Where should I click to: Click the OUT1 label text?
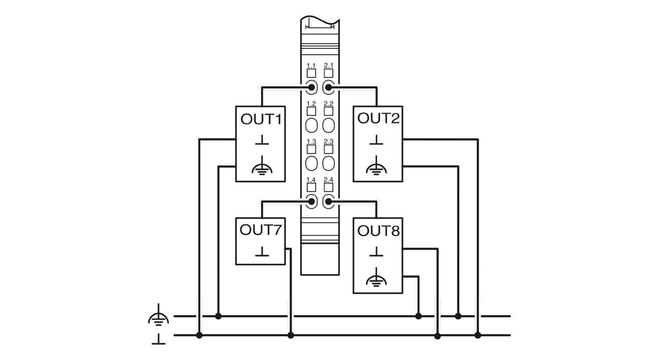coord(261,119)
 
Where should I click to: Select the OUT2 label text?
coord(378,118)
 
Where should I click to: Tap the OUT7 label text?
coord(260,230)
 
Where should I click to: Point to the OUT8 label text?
coord(378,230)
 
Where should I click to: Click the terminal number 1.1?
coord(311,65)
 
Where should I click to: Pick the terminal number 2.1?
coord(329,65)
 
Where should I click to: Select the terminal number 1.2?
coord(311,104)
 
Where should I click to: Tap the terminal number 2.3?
coord(329,141)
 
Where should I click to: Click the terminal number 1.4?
coord(311,180)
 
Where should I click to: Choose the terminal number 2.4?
coord(329,180)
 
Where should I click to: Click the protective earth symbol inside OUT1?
coord(262,166)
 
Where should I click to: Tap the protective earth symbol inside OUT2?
coord(376,166)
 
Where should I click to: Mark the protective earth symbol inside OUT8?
coord(376,277)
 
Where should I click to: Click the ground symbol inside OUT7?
coord(262,252)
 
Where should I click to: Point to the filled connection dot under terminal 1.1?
coord(311,87)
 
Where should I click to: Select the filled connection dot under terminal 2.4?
coord(329,202)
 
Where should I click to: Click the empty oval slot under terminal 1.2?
coord(311,125)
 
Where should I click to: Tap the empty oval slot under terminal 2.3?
coord(329,163)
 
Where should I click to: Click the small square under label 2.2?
coord(329,112)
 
